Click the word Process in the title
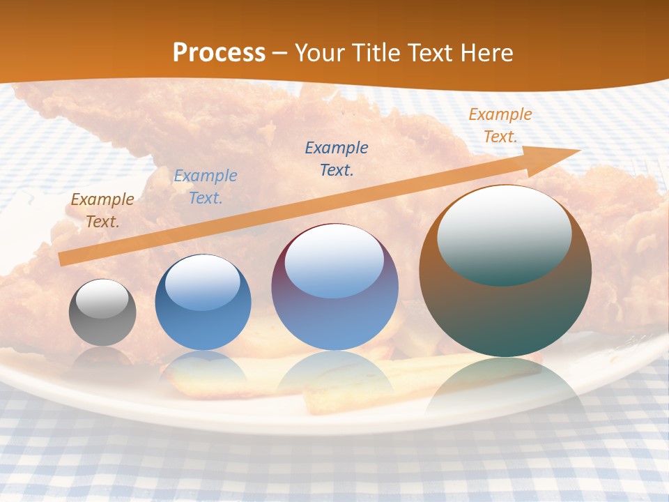pos(219,53)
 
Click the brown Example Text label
pos(102,211)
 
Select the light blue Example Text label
pos(206,187)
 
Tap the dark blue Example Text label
pos(337,159)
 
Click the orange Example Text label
pos(500,125)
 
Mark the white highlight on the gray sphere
pos(102,299)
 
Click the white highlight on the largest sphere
pos(504,234)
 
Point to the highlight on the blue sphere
pos(202,282)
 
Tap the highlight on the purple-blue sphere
pos(334,261)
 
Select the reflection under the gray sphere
pos(102,358)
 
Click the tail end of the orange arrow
pos(64,259)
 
